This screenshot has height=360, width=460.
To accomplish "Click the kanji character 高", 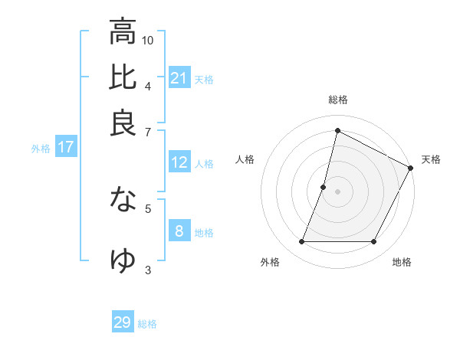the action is tap(123, 31).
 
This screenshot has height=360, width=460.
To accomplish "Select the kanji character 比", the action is tap(123, 77).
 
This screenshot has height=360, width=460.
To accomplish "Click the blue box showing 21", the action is tap(179, 78).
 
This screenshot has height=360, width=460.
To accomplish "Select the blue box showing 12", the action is tap(179, 162).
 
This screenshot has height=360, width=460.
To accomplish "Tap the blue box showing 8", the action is tap(179, 231).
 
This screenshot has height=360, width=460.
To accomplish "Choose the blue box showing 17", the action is tap(65, 148).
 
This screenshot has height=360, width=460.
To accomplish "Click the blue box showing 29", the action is tap(123, 322).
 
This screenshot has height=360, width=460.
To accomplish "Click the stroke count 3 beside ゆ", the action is tap(148, 269).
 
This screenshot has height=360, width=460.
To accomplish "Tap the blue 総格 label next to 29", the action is tap(147, 324).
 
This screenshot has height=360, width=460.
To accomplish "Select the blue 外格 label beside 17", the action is tap(41, 149).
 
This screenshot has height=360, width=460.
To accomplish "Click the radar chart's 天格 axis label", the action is tap(431, 159).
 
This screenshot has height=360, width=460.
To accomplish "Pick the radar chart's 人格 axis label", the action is tap(245, 159).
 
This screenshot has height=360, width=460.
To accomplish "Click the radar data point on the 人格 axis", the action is tap(324, 187).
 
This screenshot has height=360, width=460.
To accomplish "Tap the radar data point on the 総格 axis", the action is tap(337, 130).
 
